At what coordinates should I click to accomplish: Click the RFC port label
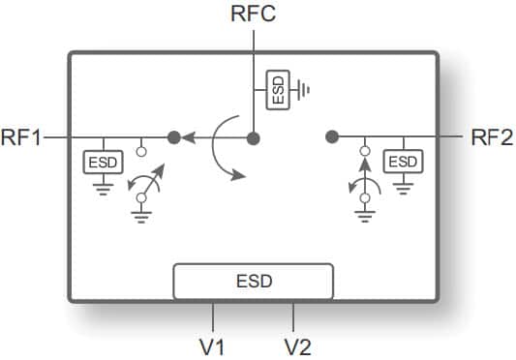point(254,15)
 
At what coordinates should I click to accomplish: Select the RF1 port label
point(21,138)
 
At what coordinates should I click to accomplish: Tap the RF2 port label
point(493,138)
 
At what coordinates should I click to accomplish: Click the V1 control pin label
point(214,345)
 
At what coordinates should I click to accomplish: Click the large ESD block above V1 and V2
point(254,282)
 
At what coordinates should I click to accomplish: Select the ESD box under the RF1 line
point(103,162)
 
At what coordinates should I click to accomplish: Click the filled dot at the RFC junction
point(254,138)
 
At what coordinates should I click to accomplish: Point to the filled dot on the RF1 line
point(174,138)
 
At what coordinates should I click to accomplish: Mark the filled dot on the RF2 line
point(331,138)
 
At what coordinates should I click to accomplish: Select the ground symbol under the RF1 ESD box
point(103,190)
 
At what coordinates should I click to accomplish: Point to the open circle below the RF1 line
point(142,151)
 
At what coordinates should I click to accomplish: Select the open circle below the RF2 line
point(365,151)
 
